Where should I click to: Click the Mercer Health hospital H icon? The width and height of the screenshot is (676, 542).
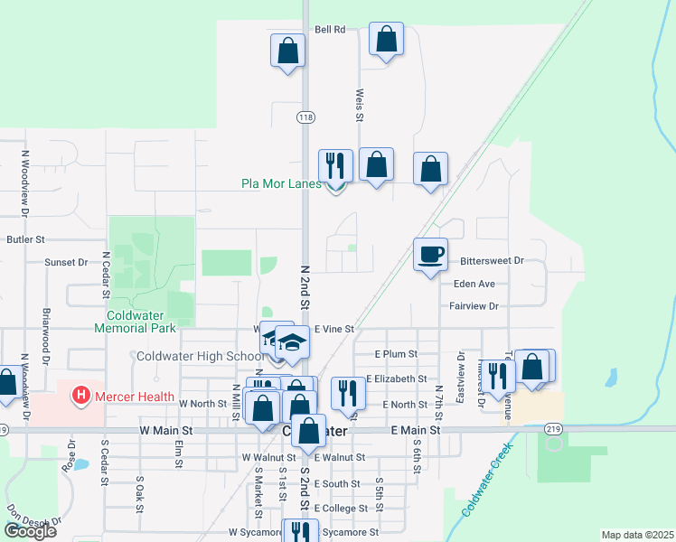coord(81,395)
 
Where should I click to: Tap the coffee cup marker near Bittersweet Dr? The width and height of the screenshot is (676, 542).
coord(430,255)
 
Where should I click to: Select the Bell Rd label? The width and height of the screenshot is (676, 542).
coord(331,30)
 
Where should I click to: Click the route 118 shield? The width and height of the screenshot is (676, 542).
coord(305,117)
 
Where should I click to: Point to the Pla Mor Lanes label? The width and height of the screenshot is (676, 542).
coord(281,183)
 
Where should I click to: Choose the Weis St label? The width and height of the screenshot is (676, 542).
coord(360,105)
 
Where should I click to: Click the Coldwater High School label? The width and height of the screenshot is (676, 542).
coord(201,356)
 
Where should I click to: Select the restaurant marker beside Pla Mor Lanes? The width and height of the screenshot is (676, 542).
coord(335,165)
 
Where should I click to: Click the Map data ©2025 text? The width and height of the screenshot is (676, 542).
coord(637,535)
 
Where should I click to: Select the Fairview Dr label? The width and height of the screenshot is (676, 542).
coord(474,306)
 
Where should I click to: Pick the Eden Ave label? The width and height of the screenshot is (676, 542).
coord(474,284)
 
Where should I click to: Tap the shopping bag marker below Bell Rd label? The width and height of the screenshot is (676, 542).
coord(386,40)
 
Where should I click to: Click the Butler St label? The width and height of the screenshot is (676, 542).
coord(25,239)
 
